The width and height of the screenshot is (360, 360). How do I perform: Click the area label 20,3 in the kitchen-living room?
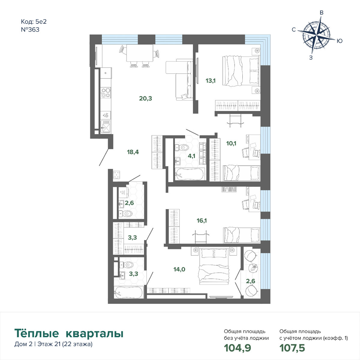pyautogui.click(x=145, y=98)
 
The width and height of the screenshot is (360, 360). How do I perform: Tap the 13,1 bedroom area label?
pyautogui.click(x=211, y=81)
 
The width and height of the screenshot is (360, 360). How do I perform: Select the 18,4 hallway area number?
pyautogui.click(x=133, y=152)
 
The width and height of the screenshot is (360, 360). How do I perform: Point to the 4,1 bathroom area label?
pyautogui.click(x=191, y=156)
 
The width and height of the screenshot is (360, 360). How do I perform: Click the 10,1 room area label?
pyautogui.click(x=231, y=143)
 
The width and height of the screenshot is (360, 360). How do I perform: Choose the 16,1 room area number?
pyautogui.click(x=202, y=220)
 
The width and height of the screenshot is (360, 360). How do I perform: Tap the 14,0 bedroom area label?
pyautogui.click(x=179, y=269)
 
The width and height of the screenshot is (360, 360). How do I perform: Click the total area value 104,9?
pyautogui.click(x=237, y=348)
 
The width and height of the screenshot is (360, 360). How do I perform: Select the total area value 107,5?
pyautogui.click(x=292, y=348)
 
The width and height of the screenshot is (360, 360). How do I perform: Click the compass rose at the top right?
pyautogui.click(x=316, y=35)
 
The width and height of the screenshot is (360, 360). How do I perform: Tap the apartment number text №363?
pyautogui.click(x=30, y=29)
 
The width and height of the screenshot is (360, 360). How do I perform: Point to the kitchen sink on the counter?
pyautogui.click(x=106, y=127)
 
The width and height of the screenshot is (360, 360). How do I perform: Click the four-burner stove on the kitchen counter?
pyautogui.click(x=106, y=93)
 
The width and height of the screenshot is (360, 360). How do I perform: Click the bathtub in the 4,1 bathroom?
pyautogui.click(x=190, y=174)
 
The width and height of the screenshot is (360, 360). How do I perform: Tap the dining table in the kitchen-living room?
pyautogui.click(x=140, y=53)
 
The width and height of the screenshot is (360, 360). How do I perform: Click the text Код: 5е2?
pyautogui.click(x=34, y=22)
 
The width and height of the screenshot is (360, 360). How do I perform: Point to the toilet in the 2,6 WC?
pyautogui.click(x=125, y=213)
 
